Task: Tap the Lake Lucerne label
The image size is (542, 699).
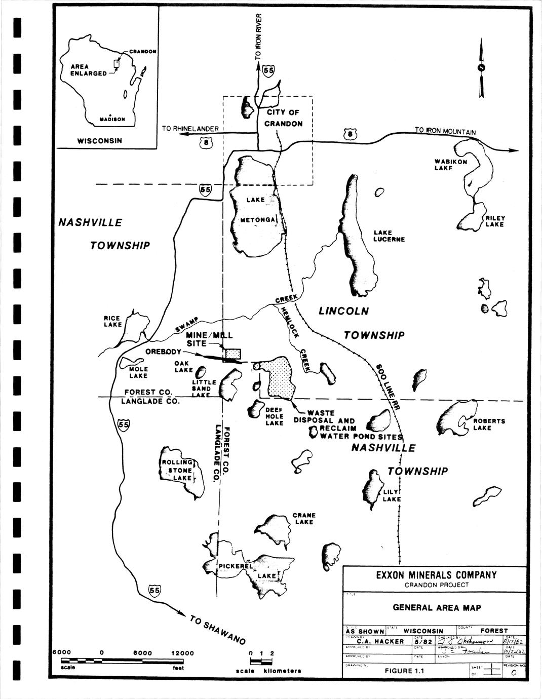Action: point(389,236)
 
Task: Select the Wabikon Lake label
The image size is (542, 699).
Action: point(450,165)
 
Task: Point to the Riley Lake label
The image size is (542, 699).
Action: point(495,221)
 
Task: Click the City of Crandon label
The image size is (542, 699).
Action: point(283,118)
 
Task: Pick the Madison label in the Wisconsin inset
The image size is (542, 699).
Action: point(112,119)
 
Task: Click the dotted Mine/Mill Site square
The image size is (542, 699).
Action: point(233,354)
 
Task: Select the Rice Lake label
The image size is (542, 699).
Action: point(112,321)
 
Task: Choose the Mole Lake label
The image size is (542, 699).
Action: point(138,372)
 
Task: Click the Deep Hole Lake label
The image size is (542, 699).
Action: point(275,416)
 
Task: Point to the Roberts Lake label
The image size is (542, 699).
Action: point(489,424)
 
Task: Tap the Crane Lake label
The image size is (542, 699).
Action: point(304,519)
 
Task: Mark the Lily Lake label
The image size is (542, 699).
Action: point(392,495)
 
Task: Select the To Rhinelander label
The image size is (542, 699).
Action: point(190,129)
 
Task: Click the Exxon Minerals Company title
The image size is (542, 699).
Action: point(436,575)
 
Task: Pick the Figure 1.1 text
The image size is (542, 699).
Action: point(404,671)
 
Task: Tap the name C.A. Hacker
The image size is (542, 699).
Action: point(380,641)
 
